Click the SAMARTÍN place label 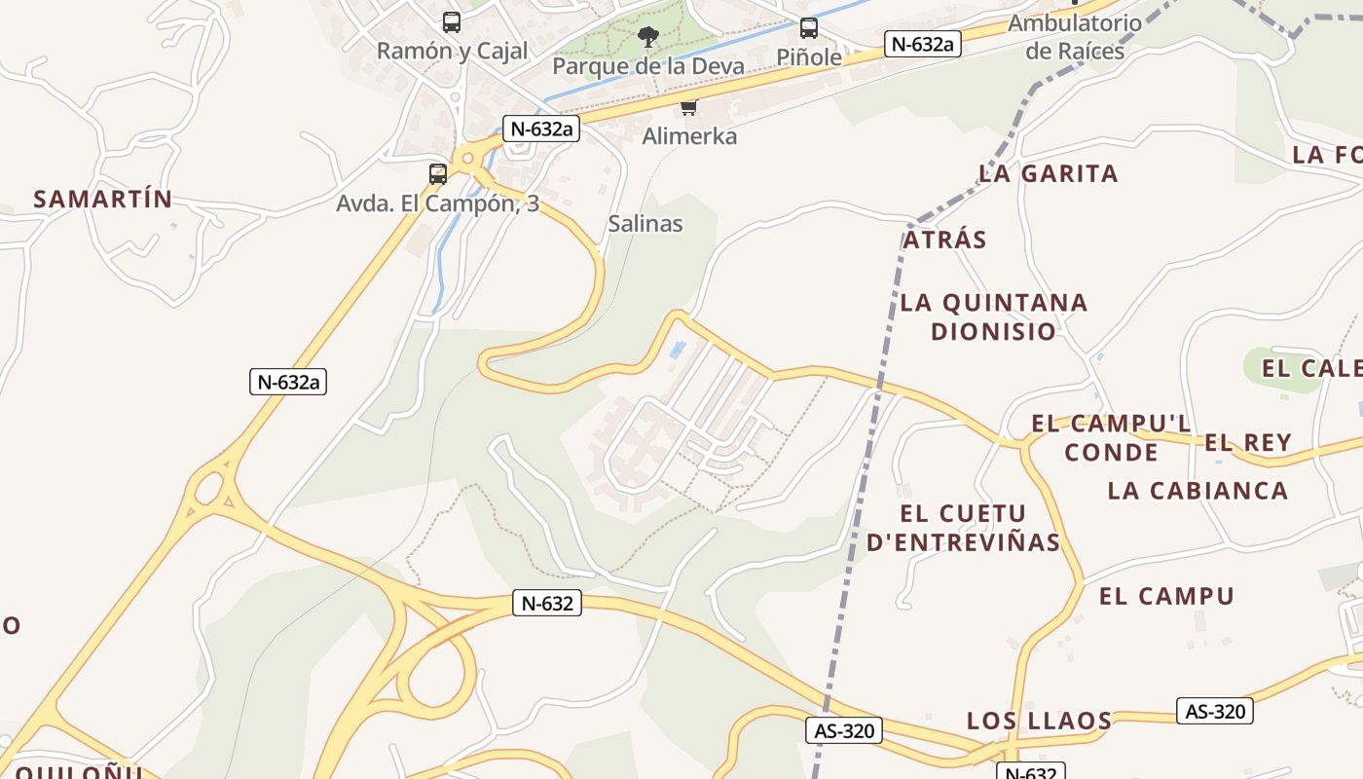tap(103, 200)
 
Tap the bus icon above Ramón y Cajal tap(452, 21)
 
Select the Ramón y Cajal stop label tap(452, 51)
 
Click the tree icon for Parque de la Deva tap(647, 38)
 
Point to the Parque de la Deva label tap(647, 66)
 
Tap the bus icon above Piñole tap(809, 28)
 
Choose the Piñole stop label tap(809, 57)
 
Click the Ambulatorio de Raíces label tap(1075, 37)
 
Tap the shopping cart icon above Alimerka tap(689, 107)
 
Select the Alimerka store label tap(689, 136)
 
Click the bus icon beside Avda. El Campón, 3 tap(438, 174)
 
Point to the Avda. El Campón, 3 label tap(437, 204)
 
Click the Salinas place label tap(645, 223)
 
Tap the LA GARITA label tap(1049, 174)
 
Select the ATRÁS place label tap(944, 240)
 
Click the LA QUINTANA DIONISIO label tap(994, 316)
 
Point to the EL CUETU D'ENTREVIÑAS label tap(963, 528)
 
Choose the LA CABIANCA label tap(1197, 490)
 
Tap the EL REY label tap(1248, 443)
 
